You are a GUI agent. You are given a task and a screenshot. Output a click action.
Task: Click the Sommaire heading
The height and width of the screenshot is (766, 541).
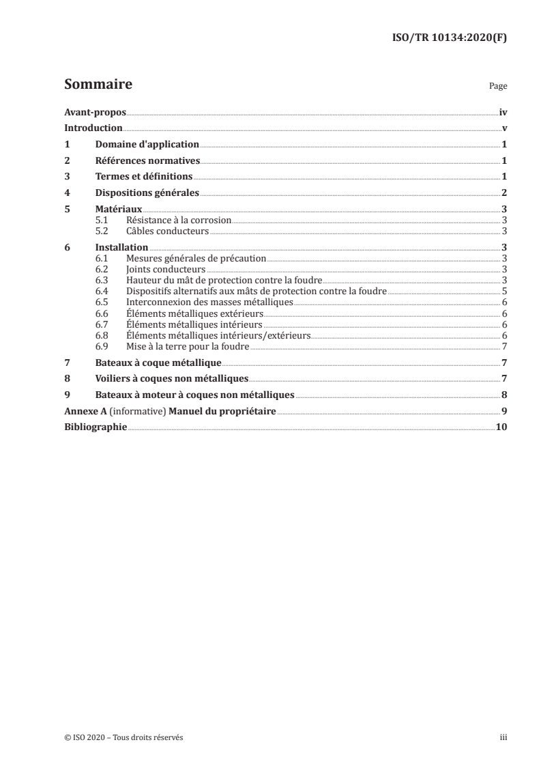[98, 85]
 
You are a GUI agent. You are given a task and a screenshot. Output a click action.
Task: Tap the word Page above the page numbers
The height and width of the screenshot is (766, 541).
[498, 87]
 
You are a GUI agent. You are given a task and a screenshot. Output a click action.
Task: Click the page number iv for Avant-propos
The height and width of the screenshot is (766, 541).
[503, 113]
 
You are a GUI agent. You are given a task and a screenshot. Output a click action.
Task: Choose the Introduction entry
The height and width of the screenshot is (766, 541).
[93, 128]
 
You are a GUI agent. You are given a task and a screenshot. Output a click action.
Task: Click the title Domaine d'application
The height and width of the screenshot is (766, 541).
[147, 145]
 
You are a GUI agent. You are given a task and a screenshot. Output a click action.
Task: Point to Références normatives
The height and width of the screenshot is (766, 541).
[147, 161]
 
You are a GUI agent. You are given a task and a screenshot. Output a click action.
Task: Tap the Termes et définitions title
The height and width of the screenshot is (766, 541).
[144, 177]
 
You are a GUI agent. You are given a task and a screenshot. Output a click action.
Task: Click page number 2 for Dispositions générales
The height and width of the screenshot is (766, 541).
[503, 193]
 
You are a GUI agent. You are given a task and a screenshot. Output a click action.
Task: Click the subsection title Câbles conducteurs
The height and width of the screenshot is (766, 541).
[167, 231]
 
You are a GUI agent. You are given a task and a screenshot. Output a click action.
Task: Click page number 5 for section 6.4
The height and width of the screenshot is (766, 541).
[503, 291]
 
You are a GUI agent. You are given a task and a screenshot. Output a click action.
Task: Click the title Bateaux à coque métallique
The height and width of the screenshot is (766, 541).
[158, 362]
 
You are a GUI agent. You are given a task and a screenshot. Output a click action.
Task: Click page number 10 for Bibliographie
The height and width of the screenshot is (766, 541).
[501, 427]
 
